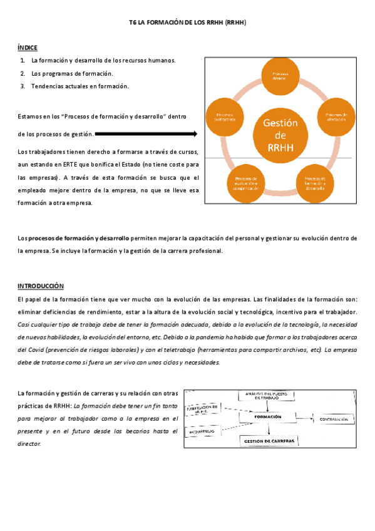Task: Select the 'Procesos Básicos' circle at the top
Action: pyautogui.click(x=279, y=76)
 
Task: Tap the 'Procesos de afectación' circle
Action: pyautogui.click(x=331, y=117)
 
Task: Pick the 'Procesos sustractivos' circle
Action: pyautogui.click(x=225, y=117)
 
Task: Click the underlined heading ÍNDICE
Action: pyautogui.click(x=27, y=47)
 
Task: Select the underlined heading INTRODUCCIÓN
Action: pyautogui.click(x=41, y=286)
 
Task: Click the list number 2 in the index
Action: pyautogui.click(x=22, y=73)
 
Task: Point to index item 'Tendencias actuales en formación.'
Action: pyautogui.click(x=80, y=86)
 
